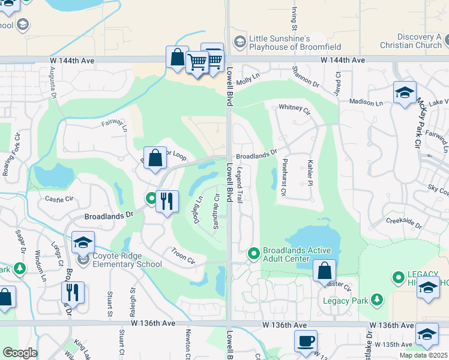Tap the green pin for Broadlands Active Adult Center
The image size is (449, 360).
click(x=254, y=254)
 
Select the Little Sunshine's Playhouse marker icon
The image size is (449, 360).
click(x=240, y=41)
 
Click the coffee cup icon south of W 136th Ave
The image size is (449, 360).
click(x=306, y=341)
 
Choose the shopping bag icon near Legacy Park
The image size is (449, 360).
click(x=324, y=271)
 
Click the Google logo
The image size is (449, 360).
click(x=19, y=353)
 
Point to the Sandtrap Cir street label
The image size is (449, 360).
click(x=215, y=206)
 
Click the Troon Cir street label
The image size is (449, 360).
click(x=183, y=256)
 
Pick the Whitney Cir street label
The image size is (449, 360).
click(x=294, y=110)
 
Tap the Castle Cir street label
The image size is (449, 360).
click(x=58, y=198)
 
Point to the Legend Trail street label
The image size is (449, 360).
click(x=240, y=185)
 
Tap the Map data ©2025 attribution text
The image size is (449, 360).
click(x=423, y=355)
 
